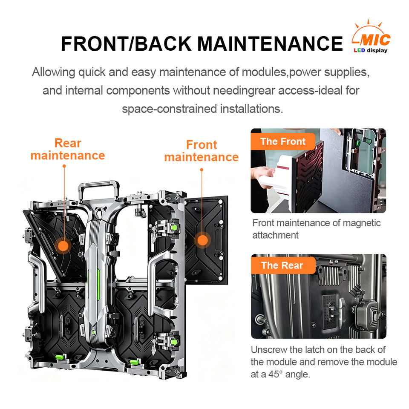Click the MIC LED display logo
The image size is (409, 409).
[x=371, y=37]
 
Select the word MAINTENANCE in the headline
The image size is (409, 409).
[x=270, y=43]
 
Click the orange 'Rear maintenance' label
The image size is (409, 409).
[x=68, y=149]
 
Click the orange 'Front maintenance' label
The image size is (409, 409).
[x=202, y=151]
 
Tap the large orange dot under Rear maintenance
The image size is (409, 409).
[x=63, y=246]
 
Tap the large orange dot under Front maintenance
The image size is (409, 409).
[x=203, y=240]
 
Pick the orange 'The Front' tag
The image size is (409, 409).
[x=283, y=141]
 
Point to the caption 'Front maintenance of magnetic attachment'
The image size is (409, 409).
[x=317, y=229]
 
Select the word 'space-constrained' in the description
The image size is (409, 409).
[x=169, y=109]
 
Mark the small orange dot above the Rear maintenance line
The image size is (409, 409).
[x=64, y=166]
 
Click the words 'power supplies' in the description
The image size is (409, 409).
[x=329, y=72]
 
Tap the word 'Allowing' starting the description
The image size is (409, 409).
[x=54, y=72]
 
